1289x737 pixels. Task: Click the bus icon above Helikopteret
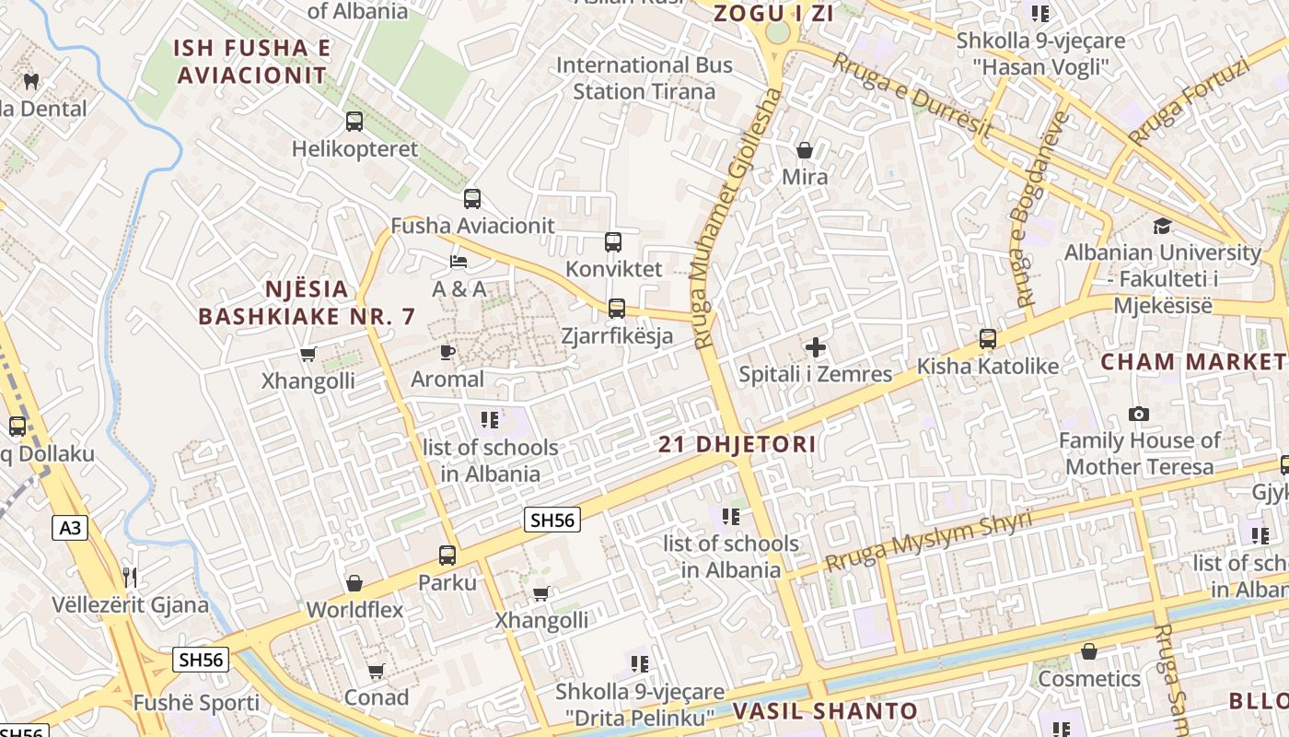coord(354,121)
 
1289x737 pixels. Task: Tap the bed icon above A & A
coord(459,261)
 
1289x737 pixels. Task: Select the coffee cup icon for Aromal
coord(447,351)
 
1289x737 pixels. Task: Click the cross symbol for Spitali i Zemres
coord(816,347)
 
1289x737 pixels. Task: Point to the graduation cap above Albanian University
coord(1163,226)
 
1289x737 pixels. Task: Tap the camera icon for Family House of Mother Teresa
coord(1139,414)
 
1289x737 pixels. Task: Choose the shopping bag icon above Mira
coord(805,149)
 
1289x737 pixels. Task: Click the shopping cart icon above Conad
coord(376,671)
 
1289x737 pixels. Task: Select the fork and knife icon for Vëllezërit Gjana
coord(130,578)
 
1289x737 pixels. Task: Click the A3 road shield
coord(70,528)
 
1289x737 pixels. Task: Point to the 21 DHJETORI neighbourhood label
coord(737,444)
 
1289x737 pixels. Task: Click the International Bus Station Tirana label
coord(644,78)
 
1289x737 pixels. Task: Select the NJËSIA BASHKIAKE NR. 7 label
coord(308,302)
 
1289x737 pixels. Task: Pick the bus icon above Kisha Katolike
coord(988,339)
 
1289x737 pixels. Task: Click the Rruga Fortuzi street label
coord(1189,100)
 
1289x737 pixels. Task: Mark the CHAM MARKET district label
coord(1193,361)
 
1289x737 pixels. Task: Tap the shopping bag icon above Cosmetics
coord(1089,651)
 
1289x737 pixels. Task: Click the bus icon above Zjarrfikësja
coord(617,309)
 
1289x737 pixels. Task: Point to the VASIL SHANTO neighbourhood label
coord(826,710)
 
